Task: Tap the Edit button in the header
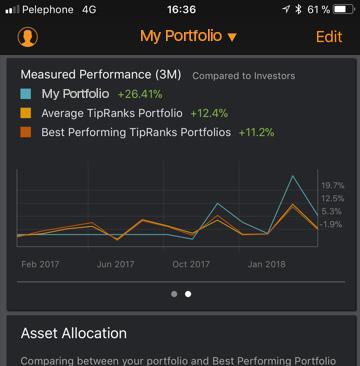328,37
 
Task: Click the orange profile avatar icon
28,37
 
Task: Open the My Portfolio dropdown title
188,37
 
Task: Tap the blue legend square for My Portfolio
27,95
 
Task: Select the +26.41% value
140,95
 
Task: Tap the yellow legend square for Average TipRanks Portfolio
27,113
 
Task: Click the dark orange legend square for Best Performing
27,132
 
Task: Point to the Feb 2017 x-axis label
41,264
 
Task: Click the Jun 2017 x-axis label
116,264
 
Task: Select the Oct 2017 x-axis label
191,264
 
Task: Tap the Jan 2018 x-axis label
267,264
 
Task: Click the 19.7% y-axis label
332,185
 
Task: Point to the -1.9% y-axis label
332,225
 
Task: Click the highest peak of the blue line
293,177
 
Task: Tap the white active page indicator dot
188,294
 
